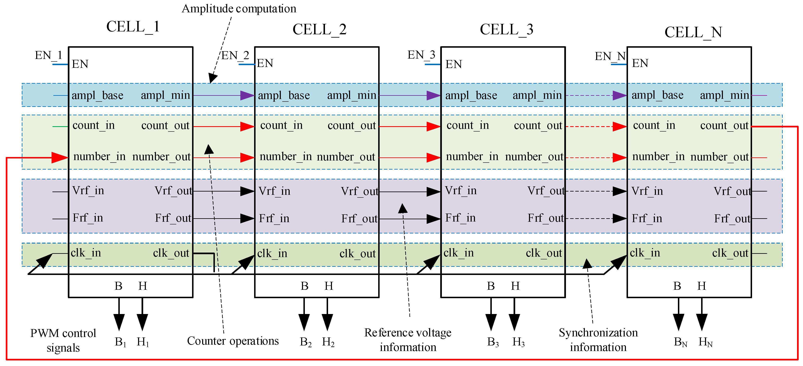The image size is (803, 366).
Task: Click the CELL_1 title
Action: [133, 27]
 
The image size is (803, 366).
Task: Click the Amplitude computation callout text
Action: [239, 9]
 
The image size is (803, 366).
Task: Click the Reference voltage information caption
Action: [408, 340]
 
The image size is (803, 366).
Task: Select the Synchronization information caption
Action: [598, 340]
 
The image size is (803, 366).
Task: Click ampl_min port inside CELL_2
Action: [352, 95]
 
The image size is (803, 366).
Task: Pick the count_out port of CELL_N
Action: [724, 126]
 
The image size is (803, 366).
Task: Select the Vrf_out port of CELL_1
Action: [173, 191]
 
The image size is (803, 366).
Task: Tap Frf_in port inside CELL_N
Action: [647, 218]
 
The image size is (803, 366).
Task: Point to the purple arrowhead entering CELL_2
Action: [247, 95]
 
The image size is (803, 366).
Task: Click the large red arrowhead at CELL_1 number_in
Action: [59, 157]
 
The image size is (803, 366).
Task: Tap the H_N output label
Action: [705, 342]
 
